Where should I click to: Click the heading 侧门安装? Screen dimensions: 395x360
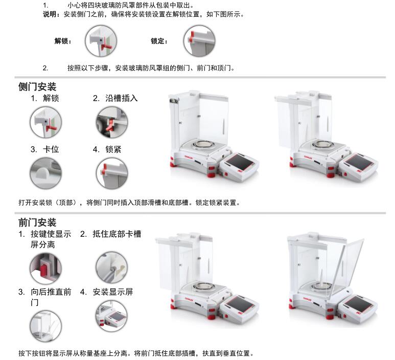[37, 87]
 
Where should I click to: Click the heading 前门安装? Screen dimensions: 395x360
[37, 222]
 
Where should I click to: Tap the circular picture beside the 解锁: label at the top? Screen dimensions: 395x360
[101, 41]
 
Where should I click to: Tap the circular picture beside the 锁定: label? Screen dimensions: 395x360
[199, 41]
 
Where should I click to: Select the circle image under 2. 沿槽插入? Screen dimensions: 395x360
[112, 122]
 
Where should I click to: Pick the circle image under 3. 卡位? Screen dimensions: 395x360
[45, 173]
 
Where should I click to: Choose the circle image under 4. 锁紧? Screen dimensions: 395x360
[112, 173]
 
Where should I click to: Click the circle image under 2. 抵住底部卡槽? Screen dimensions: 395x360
[111, 268]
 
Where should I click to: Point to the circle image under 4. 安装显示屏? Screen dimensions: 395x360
[111, 316]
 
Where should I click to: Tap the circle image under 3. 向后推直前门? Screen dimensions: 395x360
[45, 326]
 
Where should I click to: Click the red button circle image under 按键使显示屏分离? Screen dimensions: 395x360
[45, 268]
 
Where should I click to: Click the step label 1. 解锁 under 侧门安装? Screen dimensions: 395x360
[45, 98]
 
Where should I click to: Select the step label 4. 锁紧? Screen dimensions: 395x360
[107, 149]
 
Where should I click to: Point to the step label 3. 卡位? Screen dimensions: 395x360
[45, 149]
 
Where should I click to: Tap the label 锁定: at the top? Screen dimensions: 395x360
[159, 41]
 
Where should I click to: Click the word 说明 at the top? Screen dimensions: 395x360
[50, 14]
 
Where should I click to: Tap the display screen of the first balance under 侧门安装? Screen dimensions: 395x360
[239, 162]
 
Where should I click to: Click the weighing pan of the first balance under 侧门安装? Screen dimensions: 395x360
[203, 145]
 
